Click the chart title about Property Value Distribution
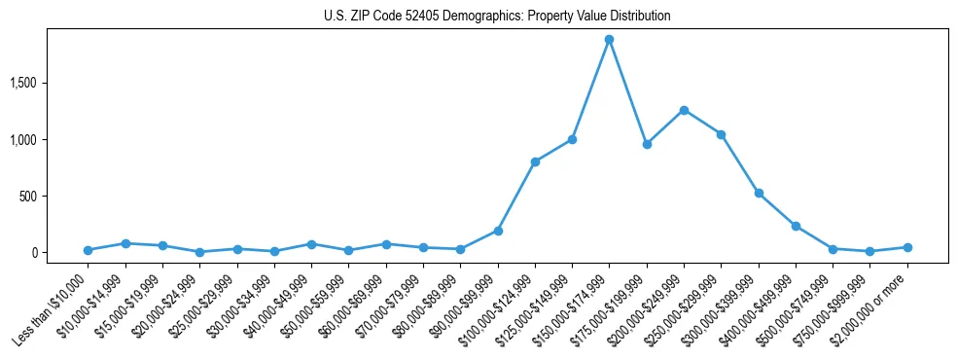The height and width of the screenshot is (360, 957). pos(497,17)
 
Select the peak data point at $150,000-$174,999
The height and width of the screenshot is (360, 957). pos(609,40)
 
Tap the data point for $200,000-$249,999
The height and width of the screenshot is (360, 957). pos(684,110)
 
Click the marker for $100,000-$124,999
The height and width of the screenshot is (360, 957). pos(535,162)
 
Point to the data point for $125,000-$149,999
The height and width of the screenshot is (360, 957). pos(572,139)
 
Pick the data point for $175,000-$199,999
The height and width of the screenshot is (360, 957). pos(647,144)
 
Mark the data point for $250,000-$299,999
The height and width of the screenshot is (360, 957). pos(721,134)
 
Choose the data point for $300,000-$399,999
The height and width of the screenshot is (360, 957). pos(759,193)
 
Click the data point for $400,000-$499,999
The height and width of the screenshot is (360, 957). pos(796,226)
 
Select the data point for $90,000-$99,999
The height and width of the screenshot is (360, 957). pos(498,231)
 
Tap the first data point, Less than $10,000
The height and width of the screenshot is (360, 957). pos(89,250)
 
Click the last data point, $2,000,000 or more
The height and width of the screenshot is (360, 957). pos(907,247)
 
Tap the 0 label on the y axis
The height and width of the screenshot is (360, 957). pos(61,252)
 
